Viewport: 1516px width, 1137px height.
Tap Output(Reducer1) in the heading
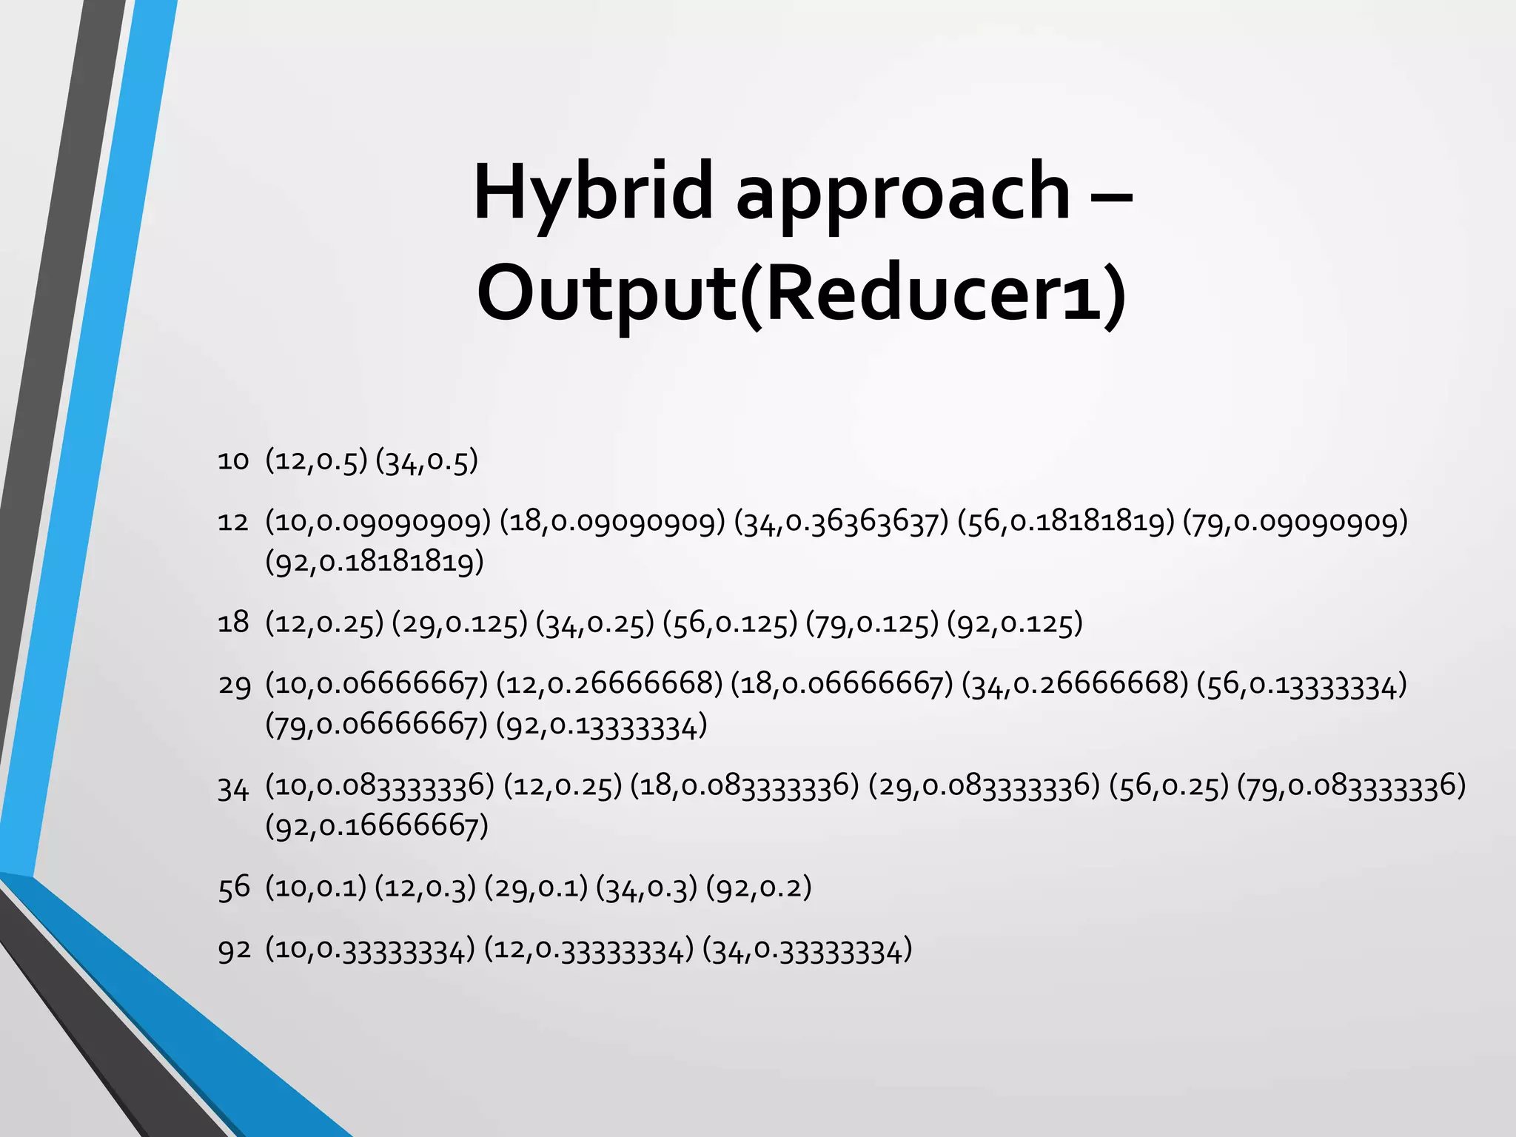pos(802,294)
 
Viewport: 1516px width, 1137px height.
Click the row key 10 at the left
pos(233,461)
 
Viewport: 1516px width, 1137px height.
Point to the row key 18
pos(233,623)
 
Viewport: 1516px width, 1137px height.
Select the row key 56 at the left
pos(234,887)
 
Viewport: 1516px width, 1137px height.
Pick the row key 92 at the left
pos(234,950)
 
